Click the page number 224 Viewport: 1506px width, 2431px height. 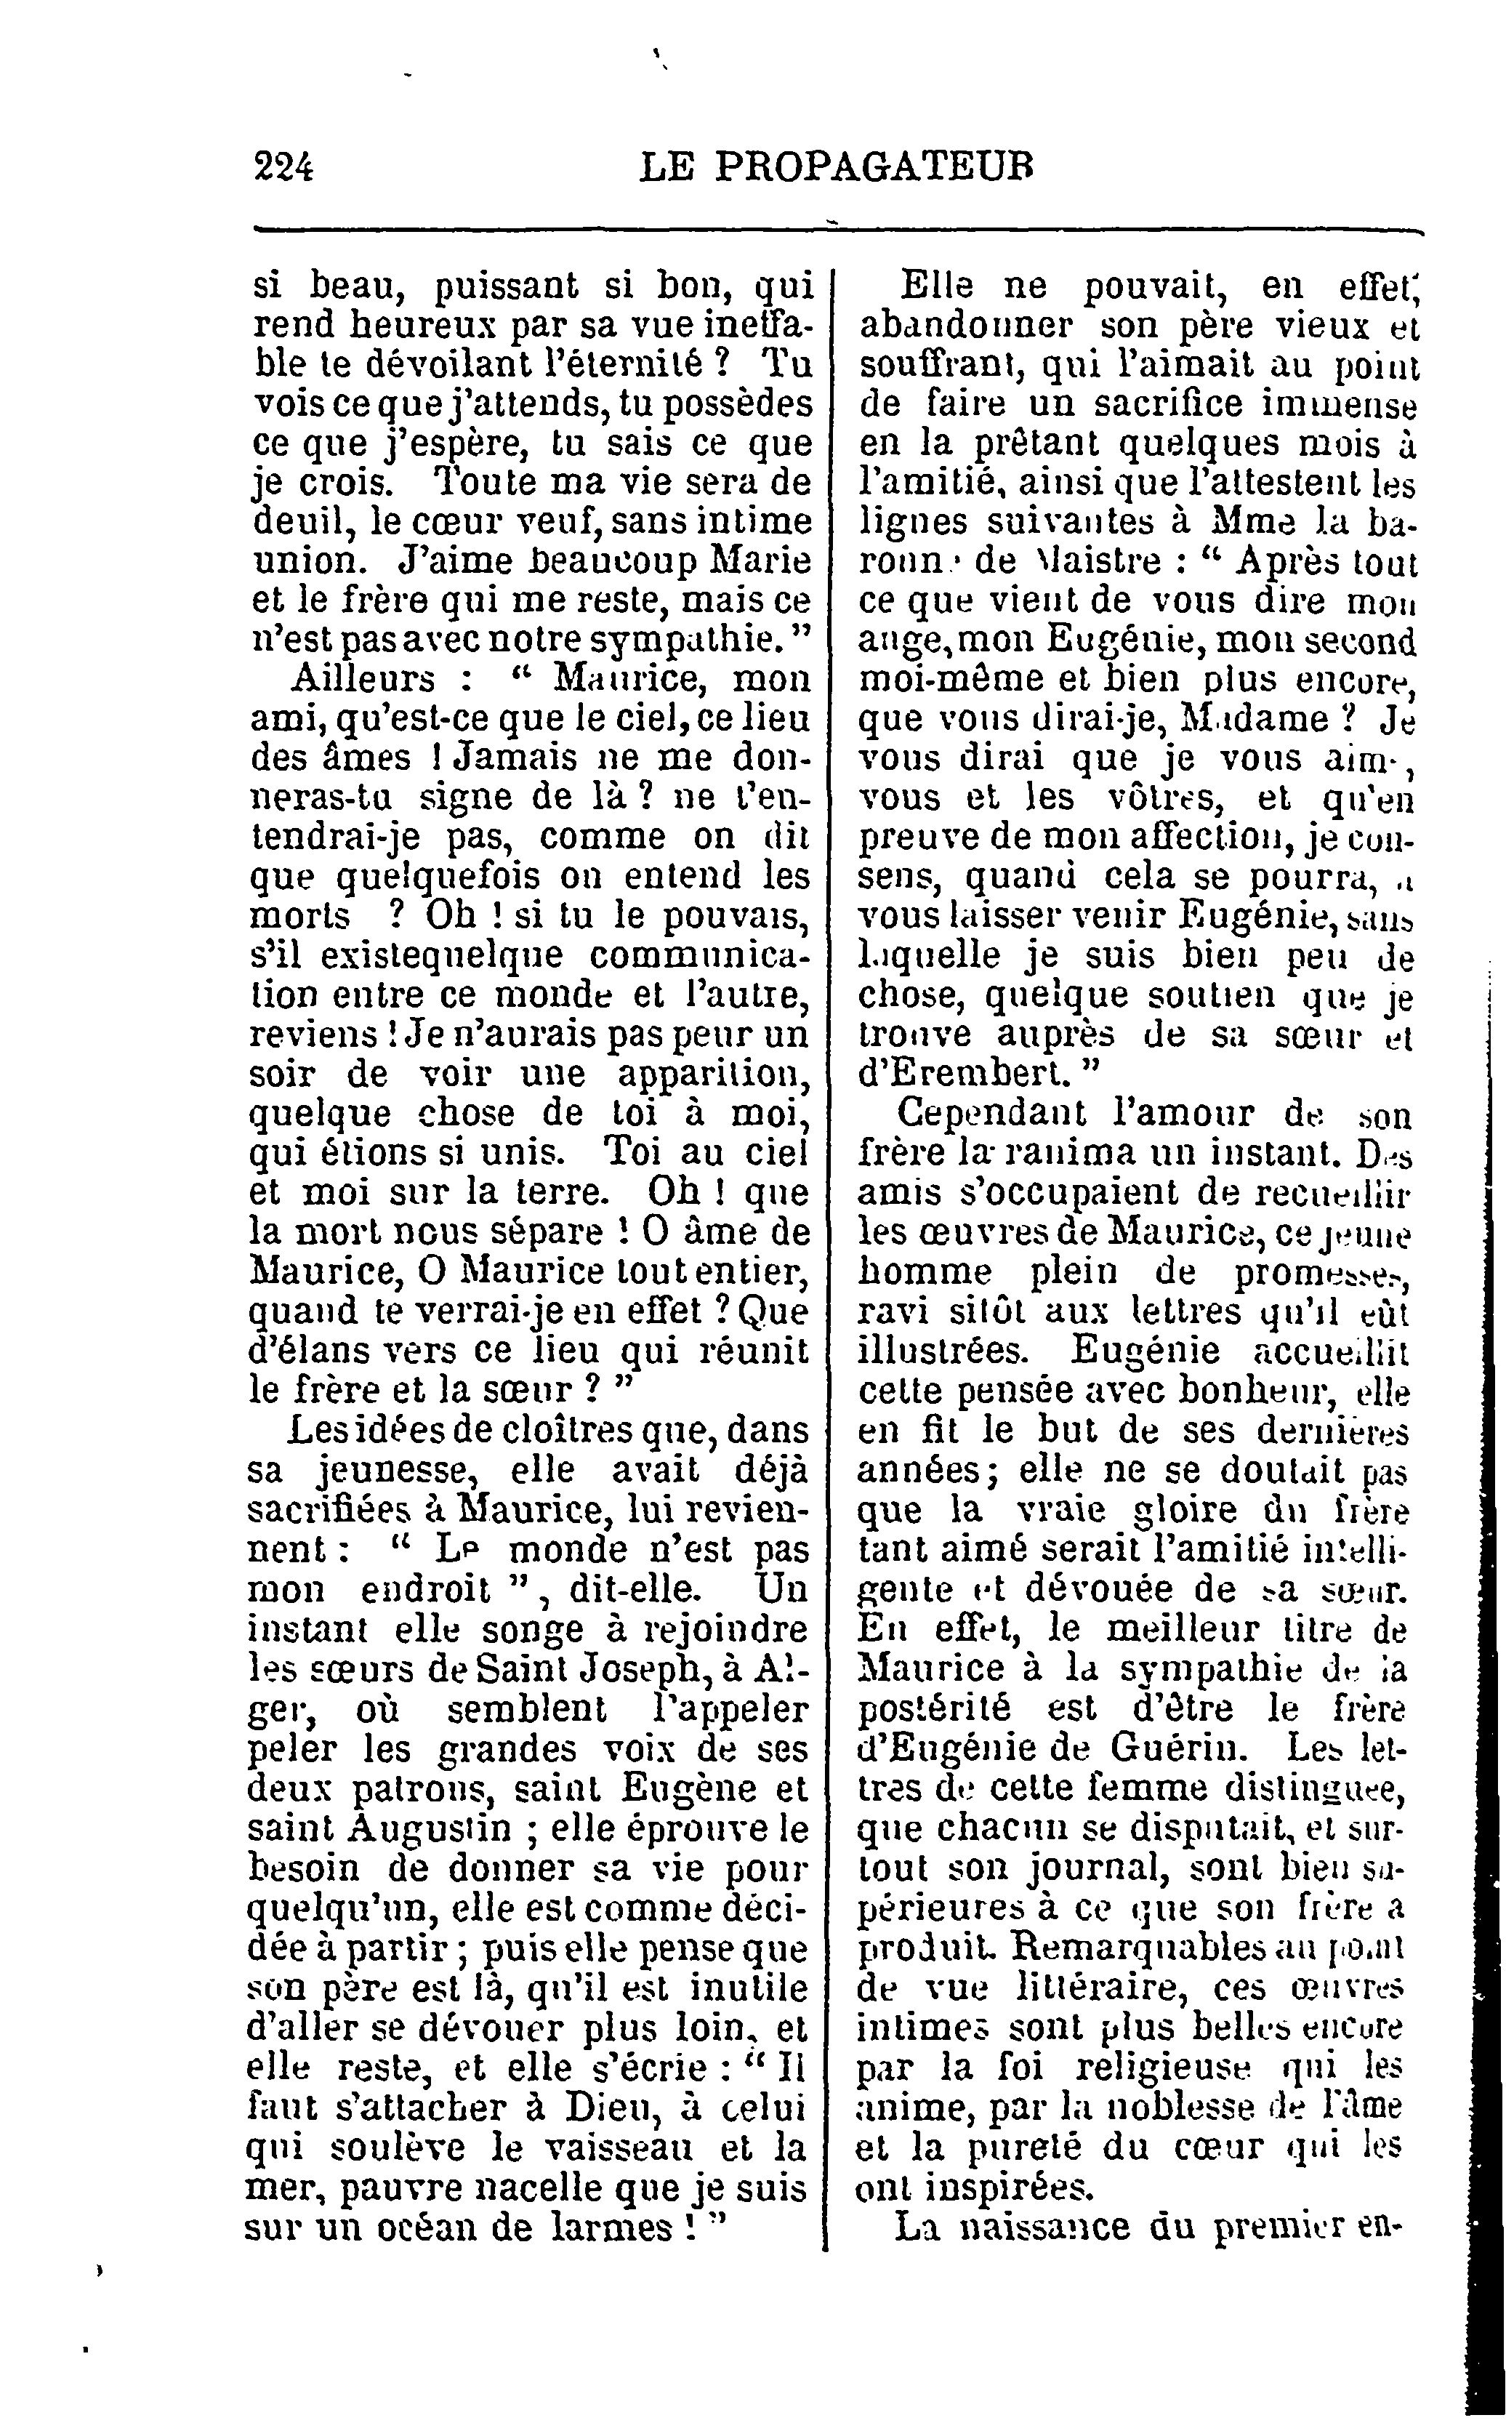coord(285,166)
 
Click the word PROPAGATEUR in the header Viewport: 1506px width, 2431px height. coord(874,166)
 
